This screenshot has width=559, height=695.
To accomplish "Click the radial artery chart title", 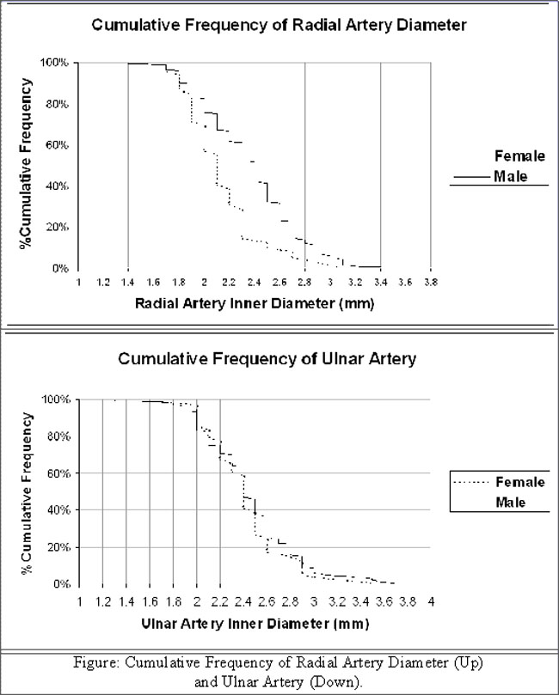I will pos(279,25).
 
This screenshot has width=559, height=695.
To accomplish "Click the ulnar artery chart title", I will pos(267,358).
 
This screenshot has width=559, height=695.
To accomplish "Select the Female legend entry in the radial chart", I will pos(519,155).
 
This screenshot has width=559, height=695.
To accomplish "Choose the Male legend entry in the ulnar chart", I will pos(509,502).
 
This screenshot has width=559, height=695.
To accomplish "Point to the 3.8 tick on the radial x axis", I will pos(431,282).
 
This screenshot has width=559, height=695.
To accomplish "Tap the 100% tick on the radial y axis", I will pos(56,64).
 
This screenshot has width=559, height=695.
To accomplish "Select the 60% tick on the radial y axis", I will pos(58,145).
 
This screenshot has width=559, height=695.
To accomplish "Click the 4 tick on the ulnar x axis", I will pos(431,601).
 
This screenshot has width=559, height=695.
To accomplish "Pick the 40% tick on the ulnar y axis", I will pos(58,510).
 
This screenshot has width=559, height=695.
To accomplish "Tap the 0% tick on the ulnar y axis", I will pos(61,584).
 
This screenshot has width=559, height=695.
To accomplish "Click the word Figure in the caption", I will pos(89,662).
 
